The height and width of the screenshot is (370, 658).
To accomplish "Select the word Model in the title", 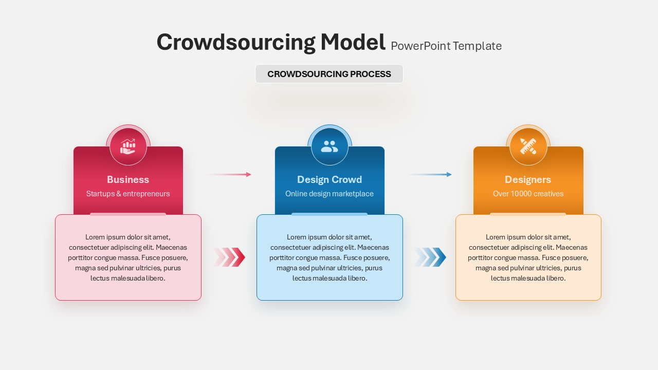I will [353, 42].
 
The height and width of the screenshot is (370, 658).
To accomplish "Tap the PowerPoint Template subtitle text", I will [446, 46].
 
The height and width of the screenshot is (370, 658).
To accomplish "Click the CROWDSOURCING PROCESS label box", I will [329, 74].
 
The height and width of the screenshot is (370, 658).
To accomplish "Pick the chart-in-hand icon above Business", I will [128, 146].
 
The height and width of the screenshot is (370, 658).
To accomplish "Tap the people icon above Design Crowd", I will [330, 146].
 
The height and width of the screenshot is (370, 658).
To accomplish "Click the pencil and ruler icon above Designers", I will [528, 146].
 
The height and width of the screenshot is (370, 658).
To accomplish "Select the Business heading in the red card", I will [128, 179].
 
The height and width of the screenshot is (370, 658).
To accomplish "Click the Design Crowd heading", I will [330, 179].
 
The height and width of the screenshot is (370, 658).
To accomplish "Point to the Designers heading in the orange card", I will [528, 179].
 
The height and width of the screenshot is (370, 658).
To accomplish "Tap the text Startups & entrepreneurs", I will [128, 194].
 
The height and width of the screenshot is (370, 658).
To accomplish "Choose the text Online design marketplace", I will [330, 194].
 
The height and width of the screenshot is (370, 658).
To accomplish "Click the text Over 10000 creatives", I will [528, 194].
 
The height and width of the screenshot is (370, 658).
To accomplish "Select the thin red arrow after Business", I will [229, 175].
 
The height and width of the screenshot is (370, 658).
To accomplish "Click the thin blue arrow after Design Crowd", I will [430, 175].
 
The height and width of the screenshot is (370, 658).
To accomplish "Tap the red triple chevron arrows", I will [230, 257].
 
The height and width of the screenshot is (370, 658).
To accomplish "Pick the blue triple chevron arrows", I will [431, 257].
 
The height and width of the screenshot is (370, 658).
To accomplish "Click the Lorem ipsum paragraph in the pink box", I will [128, 257].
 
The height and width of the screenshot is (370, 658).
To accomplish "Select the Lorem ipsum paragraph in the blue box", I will [330, 257].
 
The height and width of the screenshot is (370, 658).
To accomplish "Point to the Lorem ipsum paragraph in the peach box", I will [528, 257].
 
